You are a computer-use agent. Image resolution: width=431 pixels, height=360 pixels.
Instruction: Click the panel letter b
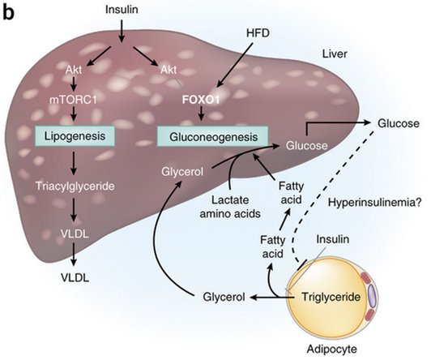pyautogui.click(x=8, y=13)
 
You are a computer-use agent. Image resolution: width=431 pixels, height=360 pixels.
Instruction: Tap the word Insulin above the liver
pyautogui.click(x=122, y=9)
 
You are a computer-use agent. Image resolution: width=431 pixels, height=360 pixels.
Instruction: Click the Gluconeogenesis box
pyautogui.click(x=207, y=137)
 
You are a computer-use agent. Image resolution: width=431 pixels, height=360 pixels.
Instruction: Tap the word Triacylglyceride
pyautogui.click(x=66, y=186)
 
